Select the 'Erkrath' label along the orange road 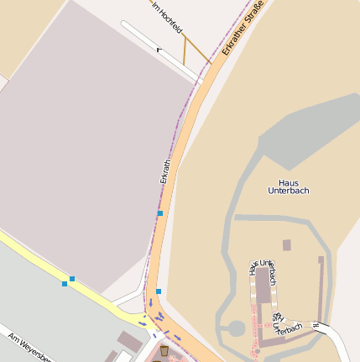[x=165, y=171]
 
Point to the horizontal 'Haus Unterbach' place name [x=288, y=186]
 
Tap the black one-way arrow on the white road [x=159, y=50]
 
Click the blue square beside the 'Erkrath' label [x=160, y=213]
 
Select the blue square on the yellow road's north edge [x=72, y=278]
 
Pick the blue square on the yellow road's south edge [x=65, y=284]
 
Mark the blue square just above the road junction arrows [x=159, y=291]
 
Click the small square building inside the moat [x=287, y=245]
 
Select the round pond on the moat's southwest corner [x=237, y=328]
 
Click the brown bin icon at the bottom [x=165, y=349]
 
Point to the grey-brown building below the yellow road [x=129, y=340]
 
